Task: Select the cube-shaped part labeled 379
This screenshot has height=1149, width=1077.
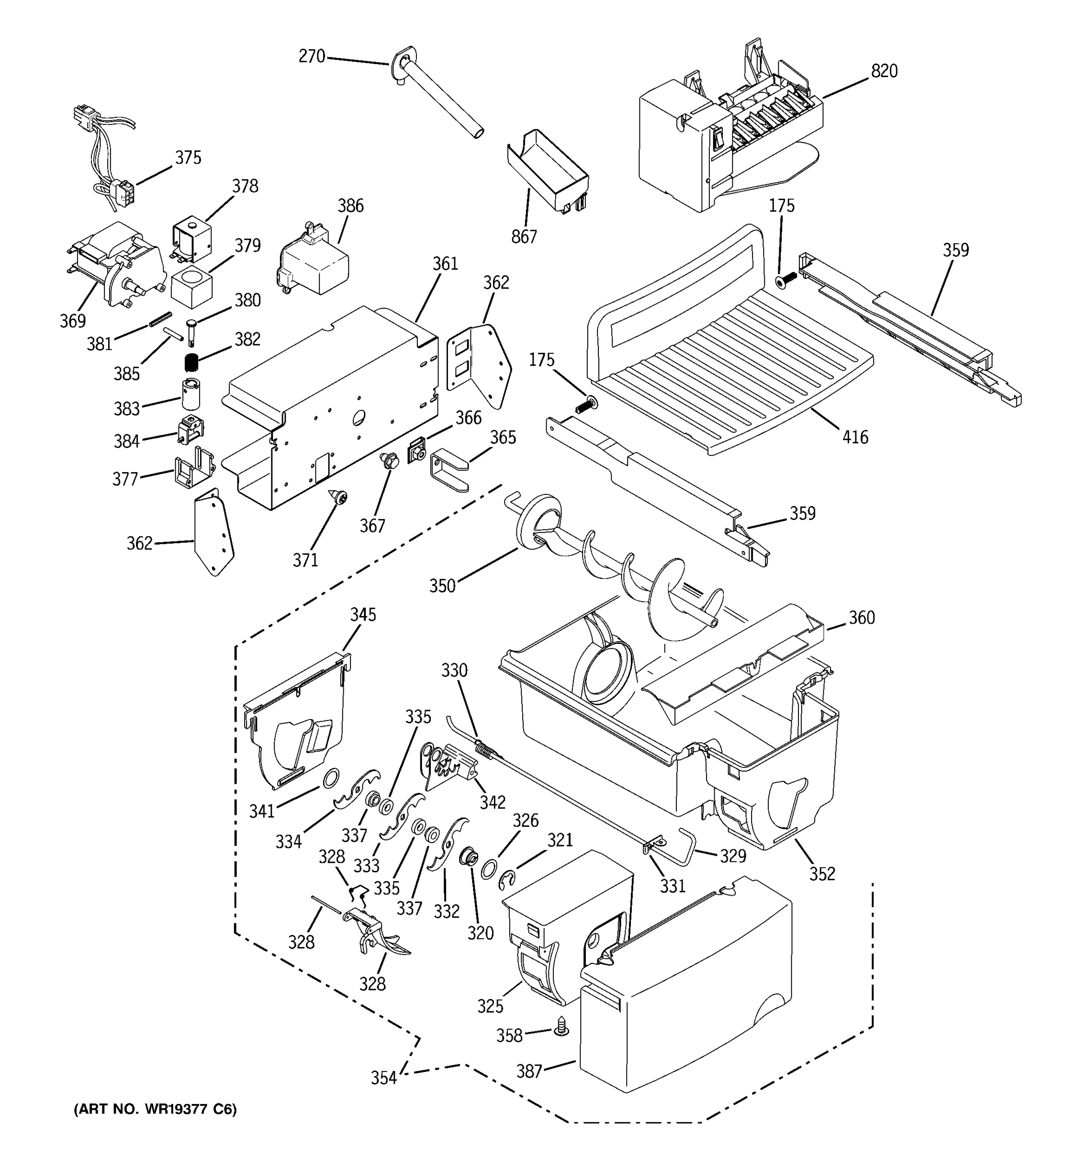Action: (x=192, y=287)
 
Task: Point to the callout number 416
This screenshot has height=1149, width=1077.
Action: (x=854, y=437)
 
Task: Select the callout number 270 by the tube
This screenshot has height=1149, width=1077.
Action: (x=312, y=56)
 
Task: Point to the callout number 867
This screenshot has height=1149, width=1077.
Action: (x=524, y=237)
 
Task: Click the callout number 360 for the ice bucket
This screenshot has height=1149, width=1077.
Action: (x=862, y=618)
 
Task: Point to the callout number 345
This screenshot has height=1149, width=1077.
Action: (x=363, y=614)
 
